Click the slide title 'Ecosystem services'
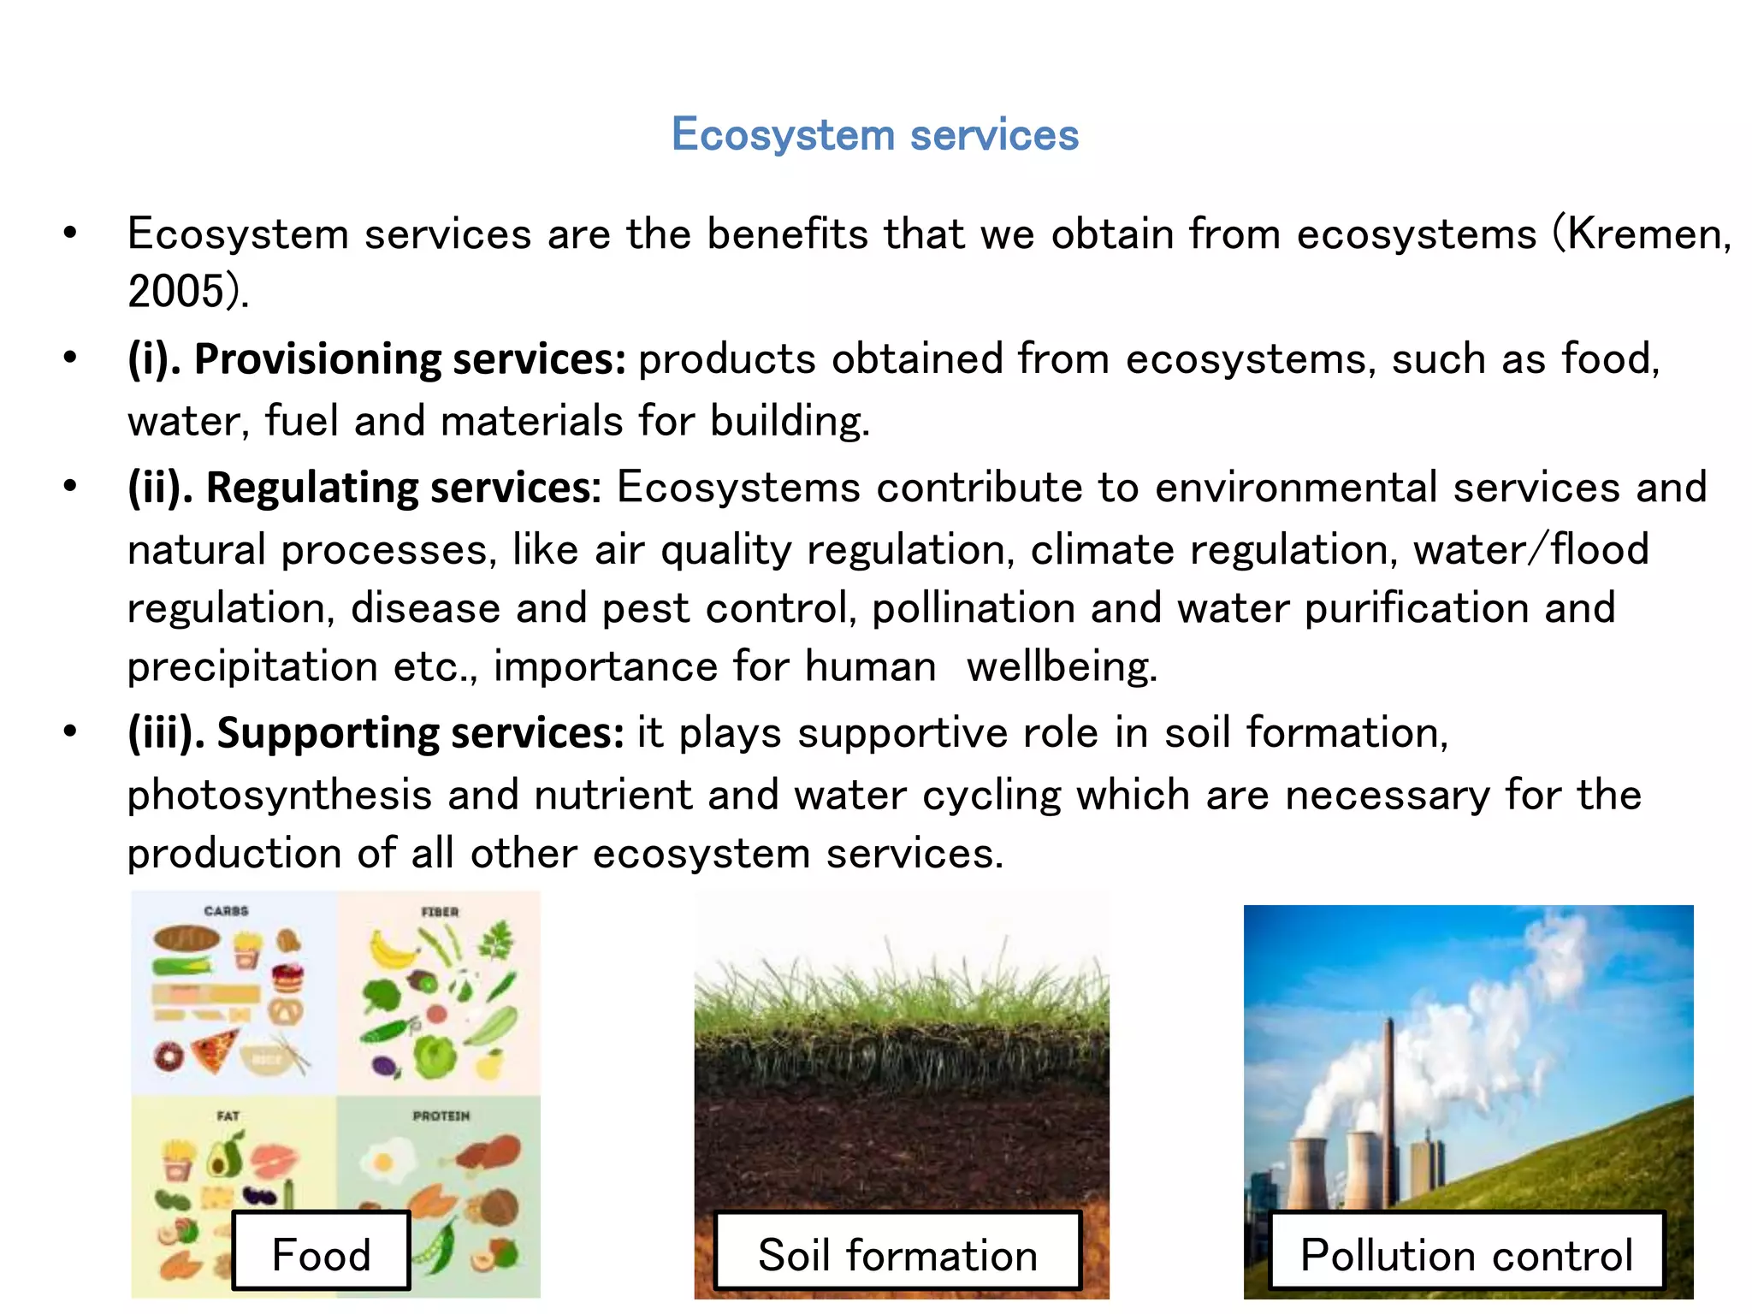875,135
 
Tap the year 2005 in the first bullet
176,292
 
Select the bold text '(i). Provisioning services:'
376,359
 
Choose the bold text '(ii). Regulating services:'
364,488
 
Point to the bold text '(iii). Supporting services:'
376,734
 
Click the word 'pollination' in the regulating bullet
973,609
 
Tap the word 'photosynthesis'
279,796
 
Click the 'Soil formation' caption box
897,1254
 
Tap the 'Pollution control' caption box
1466,1254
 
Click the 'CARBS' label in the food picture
226,911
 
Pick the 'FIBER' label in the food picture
440,912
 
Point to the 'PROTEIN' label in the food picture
441,1116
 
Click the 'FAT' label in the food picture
228,1116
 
